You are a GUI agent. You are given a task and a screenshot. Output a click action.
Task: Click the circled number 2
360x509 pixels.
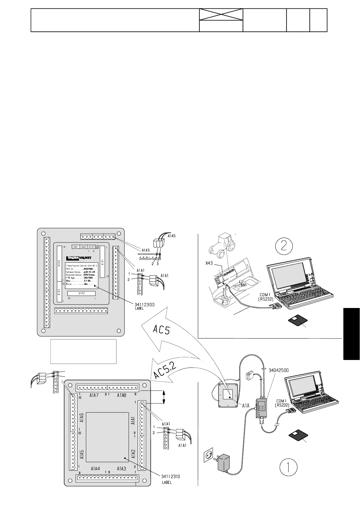coord(284,247)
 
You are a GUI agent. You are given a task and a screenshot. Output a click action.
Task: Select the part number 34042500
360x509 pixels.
coord(279,370)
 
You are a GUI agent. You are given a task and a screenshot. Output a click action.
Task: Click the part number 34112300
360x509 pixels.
coord(144,305)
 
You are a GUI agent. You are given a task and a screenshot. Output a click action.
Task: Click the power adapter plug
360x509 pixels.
coord(223,464)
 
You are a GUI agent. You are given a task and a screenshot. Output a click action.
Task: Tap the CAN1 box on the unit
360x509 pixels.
coord(76,247)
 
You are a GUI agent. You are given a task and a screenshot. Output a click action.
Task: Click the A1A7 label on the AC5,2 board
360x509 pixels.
coord(94,395)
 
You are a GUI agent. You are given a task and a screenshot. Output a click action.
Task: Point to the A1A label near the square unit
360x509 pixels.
coord(246,406)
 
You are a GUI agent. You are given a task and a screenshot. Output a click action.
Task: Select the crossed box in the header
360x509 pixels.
coord(221,15)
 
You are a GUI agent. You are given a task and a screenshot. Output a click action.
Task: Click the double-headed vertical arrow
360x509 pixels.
coord(164,397)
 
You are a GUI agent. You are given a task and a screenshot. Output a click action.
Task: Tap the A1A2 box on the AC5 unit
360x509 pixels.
coord(81,293)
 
